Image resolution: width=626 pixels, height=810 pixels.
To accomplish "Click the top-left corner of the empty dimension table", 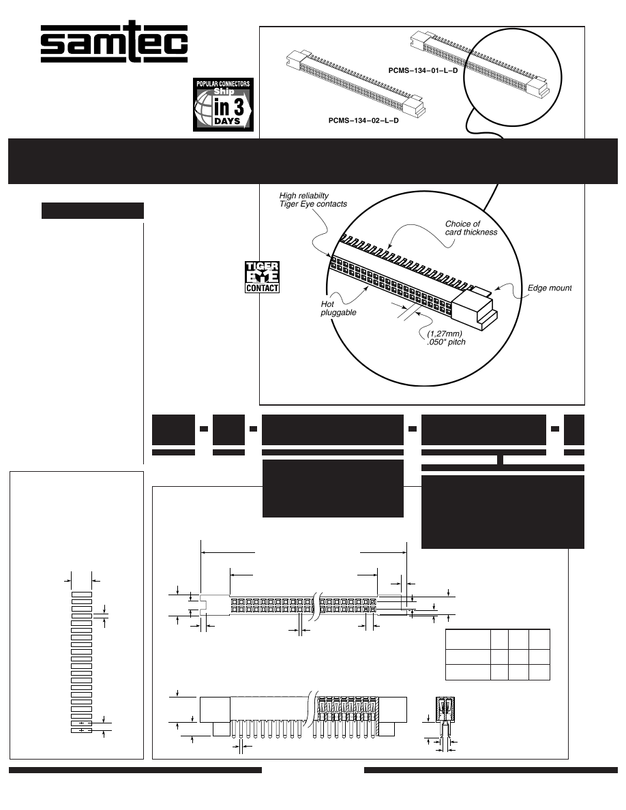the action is tap(446, 630).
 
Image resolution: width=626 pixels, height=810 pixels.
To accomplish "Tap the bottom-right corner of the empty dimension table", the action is tap(550, 680).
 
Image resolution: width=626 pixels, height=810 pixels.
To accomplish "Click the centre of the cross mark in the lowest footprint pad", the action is tap(82, 730).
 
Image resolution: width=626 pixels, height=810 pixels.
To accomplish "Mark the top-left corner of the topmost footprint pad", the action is tap(72, 592).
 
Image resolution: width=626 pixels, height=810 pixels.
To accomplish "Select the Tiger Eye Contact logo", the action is tap(262, 277).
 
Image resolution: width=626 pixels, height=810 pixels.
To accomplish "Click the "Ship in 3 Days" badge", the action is tap(223, 104).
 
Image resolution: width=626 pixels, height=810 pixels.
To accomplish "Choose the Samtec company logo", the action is tap(114, 42).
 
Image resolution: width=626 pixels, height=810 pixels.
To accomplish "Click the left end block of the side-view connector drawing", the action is tap(215, 710).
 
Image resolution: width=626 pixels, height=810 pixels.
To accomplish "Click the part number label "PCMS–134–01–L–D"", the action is tap(423, 71).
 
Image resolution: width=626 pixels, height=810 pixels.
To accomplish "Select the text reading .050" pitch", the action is tap(446, 342).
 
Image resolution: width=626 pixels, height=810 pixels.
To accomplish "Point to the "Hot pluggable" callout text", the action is tap(338, 308).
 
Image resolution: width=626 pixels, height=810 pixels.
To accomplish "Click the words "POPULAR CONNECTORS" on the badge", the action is tap(223, 84).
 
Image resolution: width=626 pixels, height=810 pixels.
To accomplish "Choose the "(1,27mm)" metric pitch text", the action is tap(444, 333).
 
